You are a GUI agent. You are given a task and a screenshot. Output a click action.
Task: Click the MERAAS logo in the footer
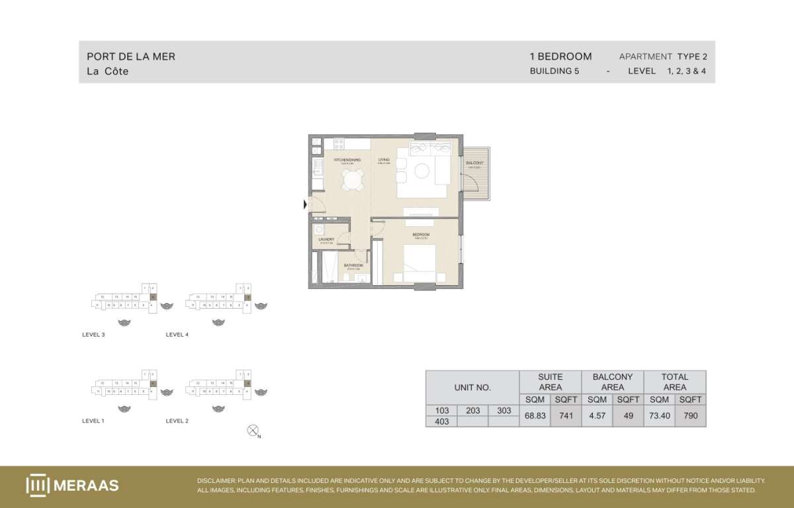[x=72, y=486]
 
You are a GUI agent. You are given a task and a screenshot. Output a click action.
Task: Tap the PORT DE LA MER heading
[x=131, y=57]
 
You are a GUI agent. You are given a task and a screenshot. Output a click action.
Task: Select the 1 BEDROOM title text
[x=561, y=57]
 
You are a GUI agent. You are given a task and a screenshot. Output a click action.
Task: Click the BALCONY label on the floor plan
[x=474, y=163]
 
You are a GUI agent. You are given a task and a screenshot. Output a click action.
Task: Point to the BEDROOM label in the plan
[x=421, y=235]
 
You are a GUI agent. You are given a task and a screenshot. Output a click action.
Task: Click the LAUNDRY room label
[x=326, y=239]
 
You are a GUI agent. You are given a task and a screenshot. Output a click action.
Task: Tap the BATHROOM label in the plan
[x=353, y=265]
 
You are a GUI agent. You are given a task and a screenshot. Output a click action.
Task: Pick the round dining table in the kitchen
[x=353, y=179]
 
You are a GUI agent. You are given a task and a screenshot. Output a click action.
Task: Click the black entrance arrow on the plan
[x=305, y=205]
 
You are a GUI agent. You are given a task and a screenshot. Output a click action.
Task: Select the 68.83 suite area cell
[x=535, y=415]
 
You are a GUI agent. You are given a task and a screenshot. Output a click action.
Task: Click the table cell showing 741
[x=566, y=415]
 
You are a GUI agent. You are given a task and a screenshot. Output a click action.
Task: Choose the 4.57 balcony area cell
[x=597, y=415]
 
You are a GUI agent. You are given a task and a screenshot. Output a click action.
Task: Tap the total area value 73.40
[x=659, y=415]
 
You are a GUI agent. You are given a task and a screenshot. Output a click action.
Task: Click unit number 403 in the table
[x=441, y=421]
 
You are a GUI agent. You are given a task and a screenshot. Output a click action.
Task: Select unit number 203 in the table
[x=472, y=411]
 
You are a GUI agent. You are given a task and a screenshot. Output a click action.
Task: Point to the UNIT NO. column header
[x=472, y=387]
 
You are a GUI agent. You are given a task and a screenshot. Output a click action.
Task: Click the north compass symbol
[x=252, y=431]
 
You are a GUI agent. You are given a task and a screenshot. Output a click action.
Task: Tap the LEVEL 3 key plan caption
[x=93, y=335]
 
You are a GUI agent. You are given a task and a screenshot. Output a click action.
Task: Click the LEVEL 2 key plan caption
[x=177, y=421]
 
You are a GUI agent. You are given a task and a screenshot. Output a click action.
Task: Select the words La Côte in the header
[x=108, y=71]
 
